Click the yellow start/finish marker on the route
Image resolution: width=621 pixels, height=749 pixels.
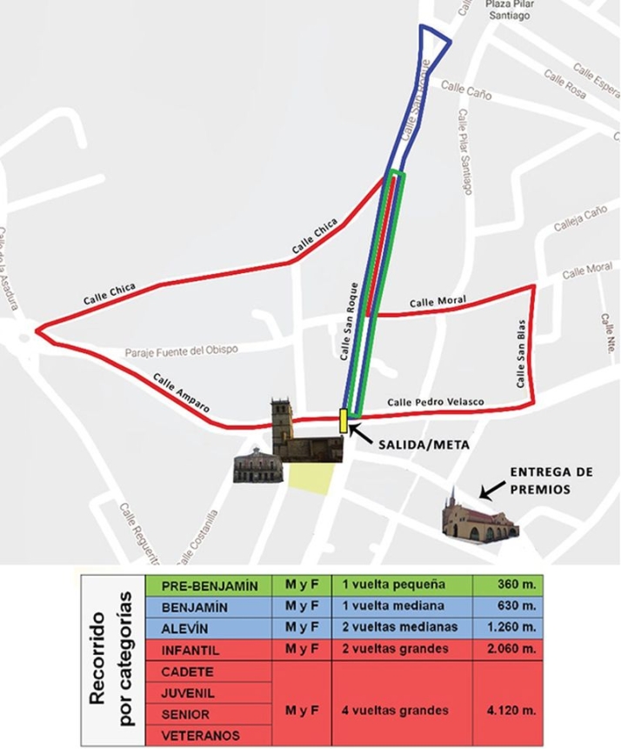tap(344, 420)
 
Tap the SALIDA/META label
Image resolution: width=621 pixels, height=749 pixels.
tap(424, 444)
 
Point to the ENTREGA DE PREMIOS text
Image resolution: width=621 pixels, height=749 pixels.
tap(551, 480)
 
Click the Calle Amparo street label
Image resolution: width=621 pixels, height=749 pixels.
tap(181, 391)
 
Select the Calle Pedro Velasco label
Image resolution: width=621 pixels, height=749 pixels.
tap(435, 402)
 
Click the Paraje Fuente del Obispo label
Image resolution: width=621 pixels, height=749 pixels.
tap(181, 350)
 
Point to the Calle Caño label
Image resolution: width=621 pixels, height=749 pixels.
tap(466, 90)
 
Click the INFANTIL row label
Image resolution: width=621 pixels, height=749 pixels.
tap(210, 650)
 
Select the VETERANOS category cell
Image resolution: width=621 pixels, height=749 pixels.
tap(210, 735)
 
